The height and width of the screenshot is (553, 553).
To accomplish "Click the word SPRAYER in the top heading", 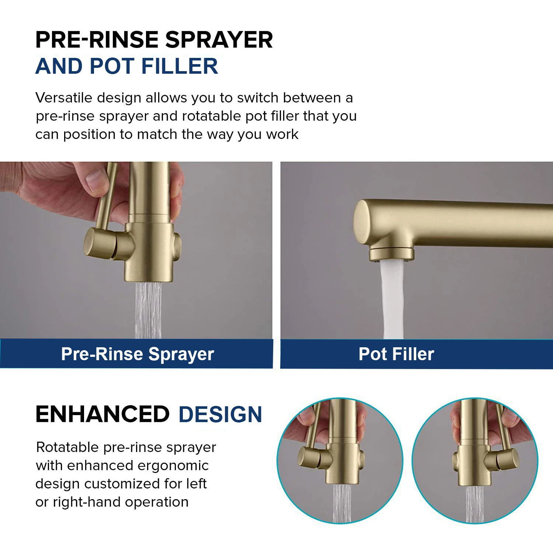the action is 219,40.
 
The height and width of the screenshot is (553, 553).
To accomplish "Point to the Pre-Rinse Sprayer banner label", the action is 138,354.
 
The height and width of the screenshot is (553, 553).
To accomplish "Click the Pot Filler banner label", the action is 396,354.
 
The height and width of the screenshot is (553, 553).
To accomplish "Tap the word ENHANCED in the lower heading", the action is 102,414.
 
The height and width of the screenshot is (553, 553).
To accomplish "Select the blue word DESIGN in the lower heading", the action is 220,414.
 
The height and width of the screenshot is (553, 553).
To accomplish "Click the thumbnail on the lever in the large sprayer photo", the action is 96,180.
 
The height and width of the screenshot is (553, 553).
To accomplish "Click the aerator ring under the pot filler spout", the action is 392,254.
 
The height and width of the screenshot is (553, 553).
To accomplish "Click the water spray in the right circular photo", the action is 474,504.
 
